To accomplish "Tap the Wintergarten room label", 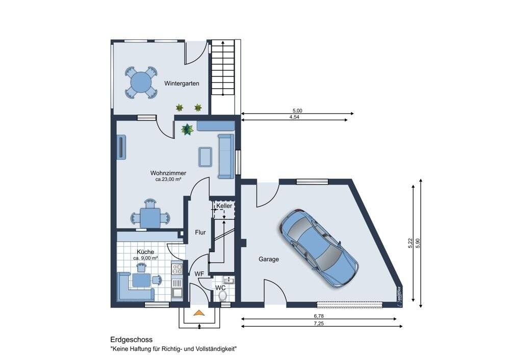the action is [x=182, y=84].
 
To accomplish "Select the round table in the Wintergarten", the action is [x=141, y=82].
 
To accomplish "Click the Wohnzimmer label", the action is [x=168, y=173].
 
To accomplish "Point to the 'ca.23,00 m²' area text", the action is [x=168, y=179].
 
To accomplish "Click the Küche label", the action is [x=145, y=252].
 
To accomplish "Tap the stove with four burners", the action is [x=177, y=269].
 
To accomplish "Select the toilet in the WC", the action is [x=223, y=296].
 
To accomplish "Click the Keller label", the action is [x=224, y=206].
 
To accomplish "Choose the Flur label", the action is [x=200, y=233].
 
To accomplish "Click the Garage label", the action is [x=269, y=259].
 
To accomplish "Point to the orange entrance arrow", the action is [x=198, y=313].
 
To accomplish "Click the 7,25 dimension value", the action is [x=319, y=324].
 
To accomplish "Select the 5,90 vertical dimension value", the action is [x=418, y=243].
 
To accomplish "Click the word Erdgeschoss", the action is [x=132, y=340].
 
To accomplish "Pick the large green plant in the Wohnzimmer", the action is [x=187, y=130].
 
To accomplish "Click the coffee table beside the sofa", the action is [x=205, y=157].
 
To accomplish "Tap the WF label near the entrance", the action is [x=199, y=274].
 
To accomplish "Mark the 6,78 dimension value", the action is [x=319, y=316].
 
